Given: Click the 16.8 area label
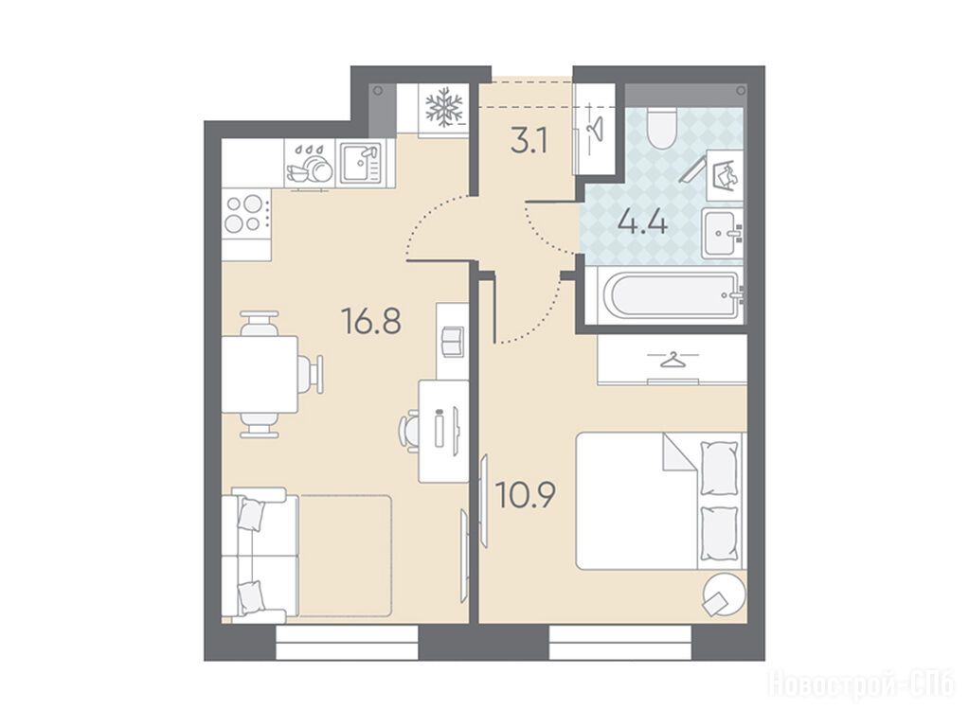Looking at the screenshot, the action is (371, 321).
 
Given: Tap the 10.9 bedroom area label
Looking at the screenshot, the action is (526, 495).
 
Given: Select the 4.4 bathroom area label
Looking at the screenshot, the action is (643, 222).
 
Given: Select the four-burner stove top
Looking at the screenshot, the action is (246, 213).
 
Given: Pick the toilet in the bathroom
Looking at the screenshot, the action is (660, 128).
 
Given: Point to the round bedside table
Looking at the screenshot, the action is (723, 594).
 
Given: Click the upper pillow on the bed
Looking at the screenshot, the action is (719, 468).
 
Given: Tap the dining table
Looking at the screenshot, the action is (260, 375).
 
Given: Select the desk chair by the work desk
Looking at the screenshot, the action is (410, 429).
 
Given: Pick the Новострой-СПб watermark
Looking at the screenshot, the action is (861, 683).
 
